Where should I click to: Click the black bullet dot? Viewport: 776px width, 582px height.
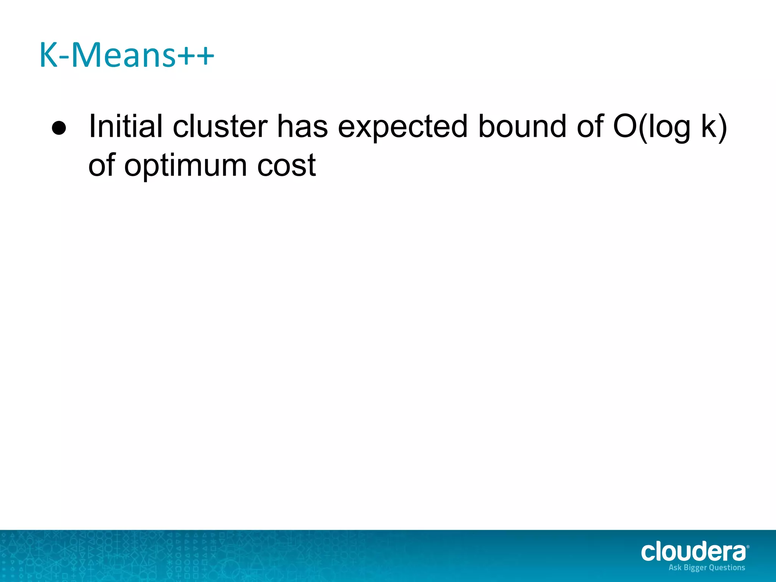pos(59,128)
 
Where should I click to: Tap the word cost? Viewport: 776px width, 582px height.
pos(286,166)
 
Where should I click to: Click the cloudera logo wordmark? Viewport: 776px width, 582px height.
pos(693,552)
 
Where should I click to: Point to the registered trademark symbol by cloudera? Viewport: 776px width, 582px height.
pos(748,546)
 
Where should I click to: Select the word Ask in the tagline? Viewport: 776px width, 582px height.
pos(675,568)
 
